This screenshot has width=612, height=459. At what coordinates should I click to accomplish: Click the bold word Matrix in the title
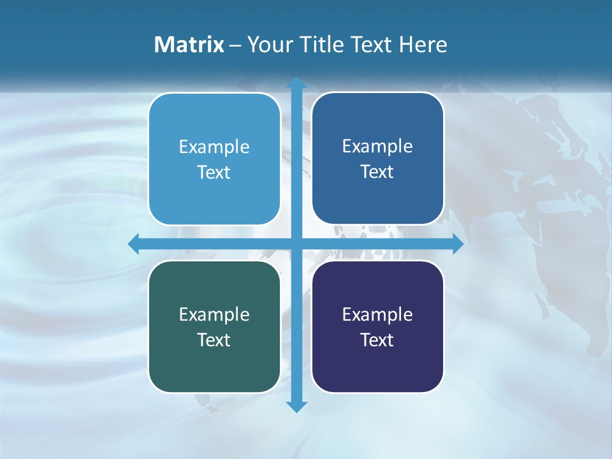tap(189, 45)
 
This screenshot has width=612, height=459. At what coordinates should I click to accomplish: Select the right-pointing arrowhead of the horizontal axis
tap(457, 244)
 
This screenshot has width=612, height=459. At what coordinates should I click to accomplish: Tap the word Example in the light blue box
tap(214, 147)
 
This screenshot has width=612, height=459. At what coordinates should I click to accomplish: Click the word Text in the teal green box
tap(214, 340)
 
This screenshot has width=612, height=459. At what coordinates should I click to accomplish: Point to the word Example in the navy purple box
tap(377, 314)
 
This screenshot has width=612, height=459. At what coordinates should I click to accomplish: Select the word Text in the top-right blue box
tap(377, 171)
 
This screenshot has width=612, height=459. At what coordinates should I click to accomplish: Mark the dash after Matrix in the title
tap(235, 45)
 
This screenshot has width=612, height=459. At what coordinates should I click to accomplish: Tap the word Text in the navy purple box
tap(377, 340)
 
